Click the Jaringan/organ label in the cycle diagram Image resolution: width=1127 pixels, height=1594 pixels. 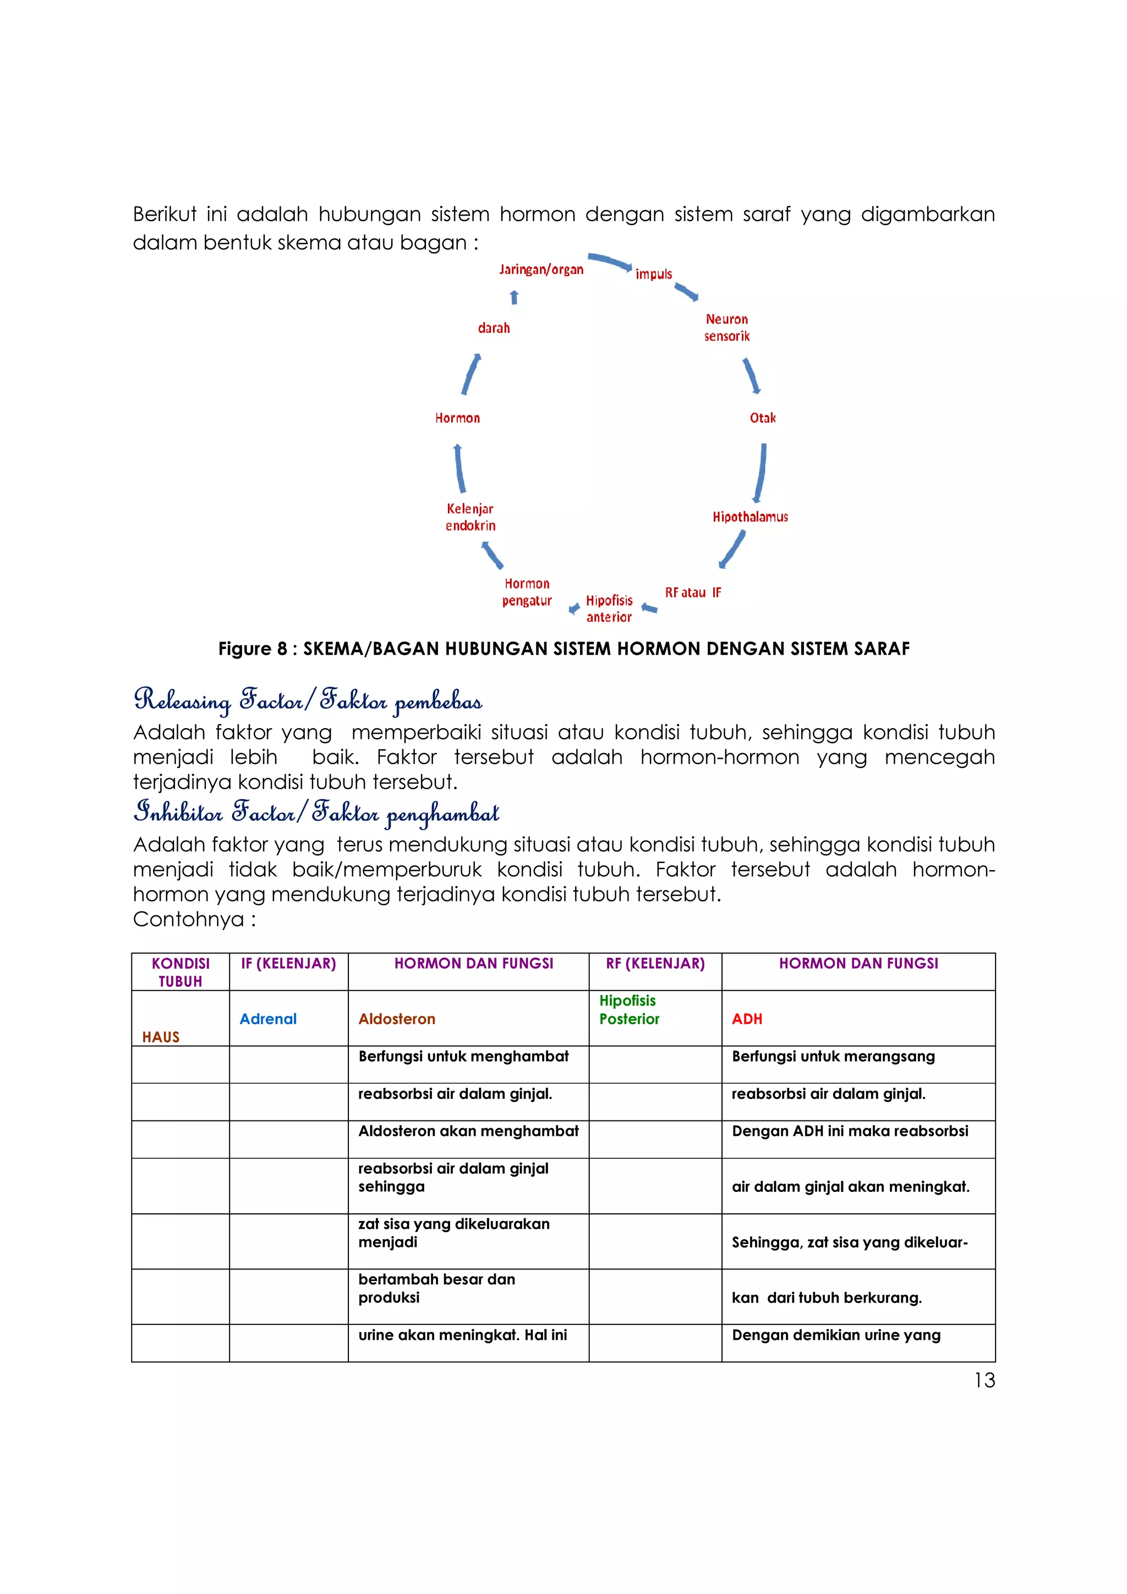(x=541, y=270)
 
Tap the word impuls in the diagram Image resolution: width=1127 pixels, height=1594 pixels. (x=653, y=274)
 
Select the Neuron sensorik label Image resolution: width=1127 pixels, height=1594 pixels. (x=726, y=328)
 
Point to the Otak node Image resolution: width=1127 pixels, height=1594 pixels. (x=763, y=418)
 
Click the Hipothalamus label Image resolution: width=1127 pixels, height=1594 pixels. (x=750, y=517)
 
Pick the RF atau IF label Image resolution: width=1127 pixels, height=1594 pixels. (x=693, y=593)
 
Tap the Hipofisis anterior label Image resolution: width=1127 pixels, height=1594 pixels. (x=609, y=609)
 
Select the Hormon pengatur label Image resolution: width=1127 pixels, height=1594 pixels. (x=527, y=592)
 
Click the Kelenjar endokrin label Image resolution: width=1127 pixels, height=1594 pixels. (x=470, y=517)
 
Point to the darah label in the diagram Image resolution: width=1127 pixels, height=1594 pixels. (x=494, y=328)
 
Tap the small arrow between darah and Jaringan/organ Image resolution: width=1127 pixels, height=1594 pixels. (x=514, y=297)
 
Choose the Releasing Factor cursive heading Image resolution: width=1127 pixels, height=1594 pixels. (x=308, y=701)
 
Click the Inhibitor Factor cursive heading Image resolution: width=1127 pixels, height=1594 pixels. (x=316, y=812)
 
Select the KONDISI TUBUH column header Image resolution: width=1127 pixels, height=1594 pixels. (x=180, y=972)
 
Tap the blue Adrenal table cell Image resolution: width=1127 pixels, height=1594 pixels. (x=268, y=1019)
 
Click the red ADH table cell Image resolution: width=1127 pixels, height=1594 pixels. (x=747, y=1019)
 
